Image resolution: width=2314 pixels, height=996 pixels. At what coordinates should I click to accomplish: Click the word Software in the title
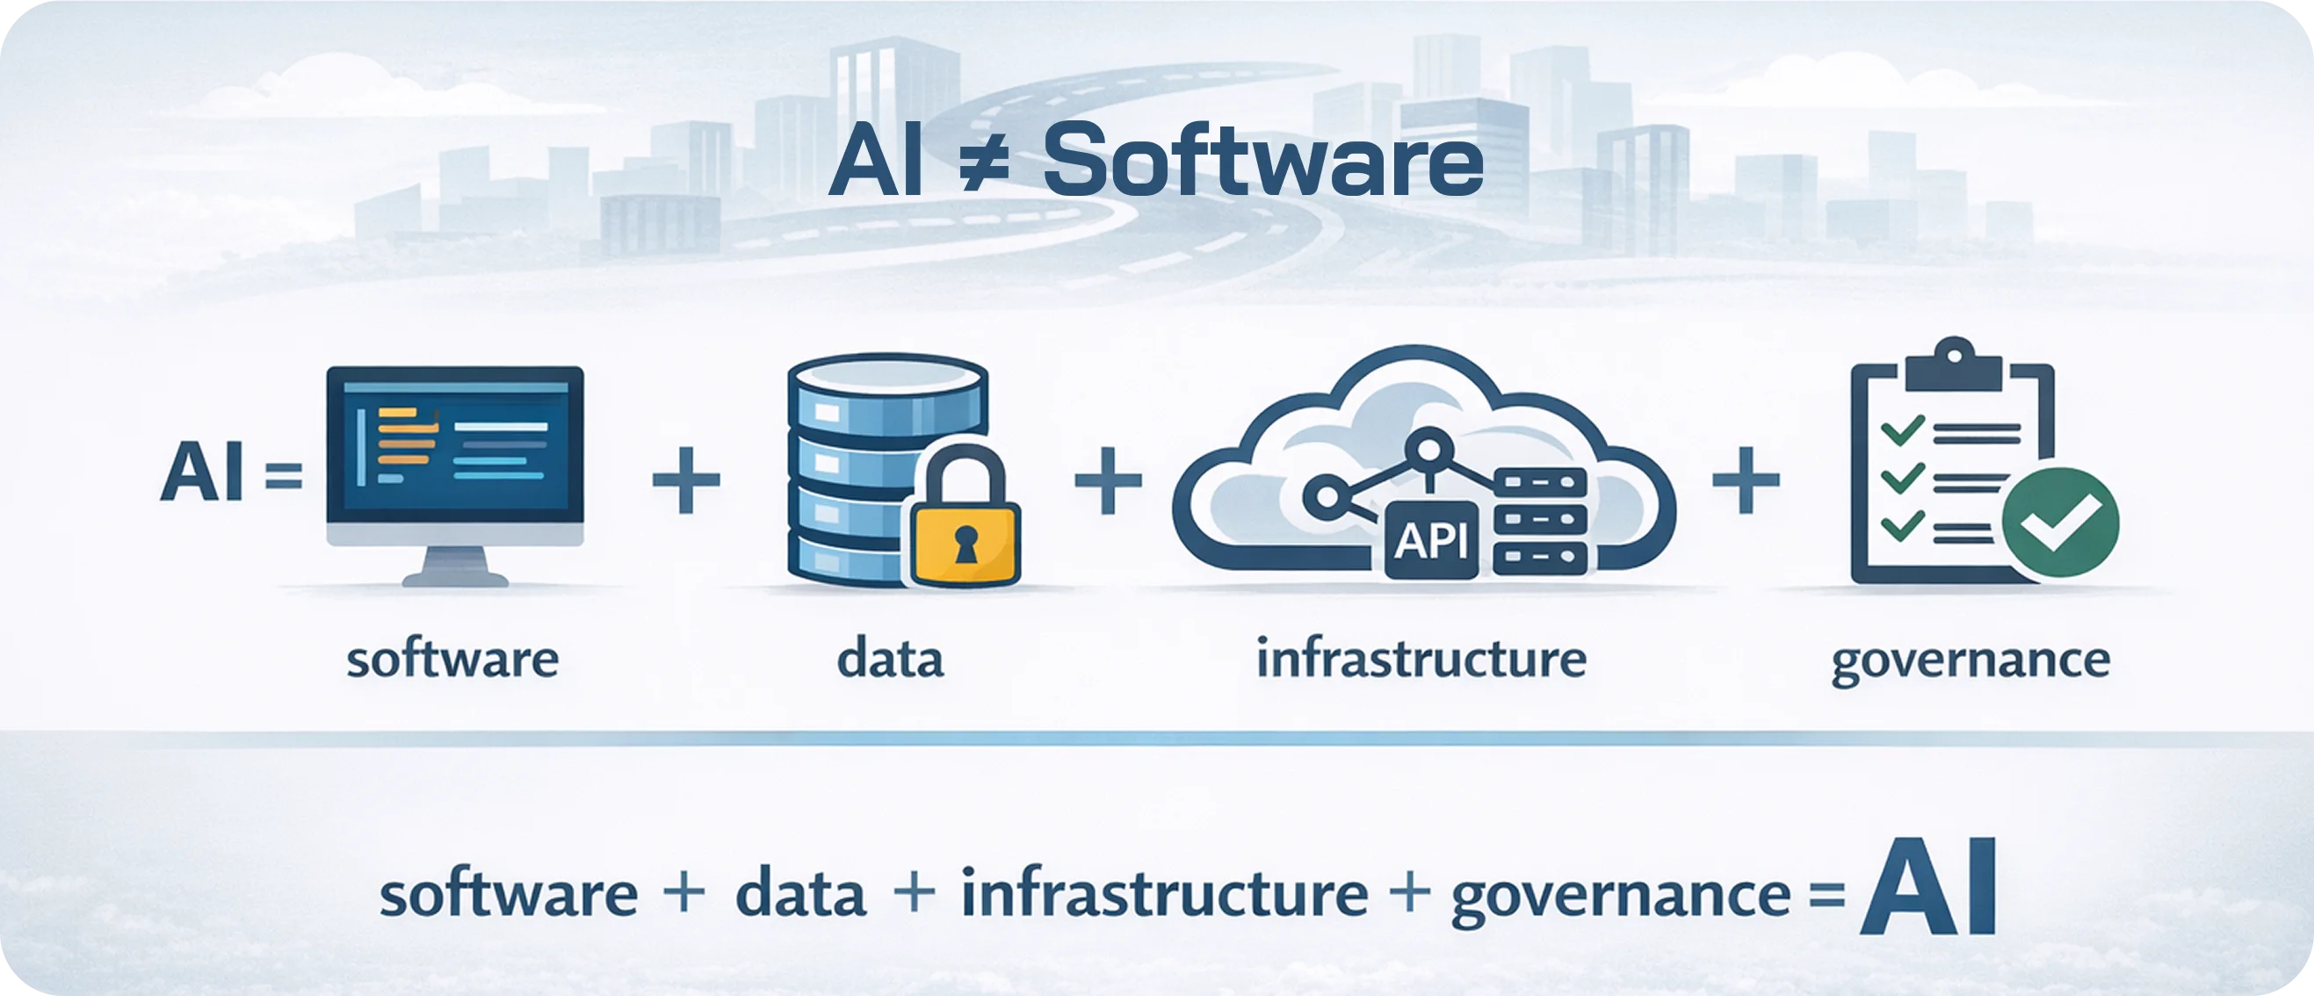click(x=1262, y=162)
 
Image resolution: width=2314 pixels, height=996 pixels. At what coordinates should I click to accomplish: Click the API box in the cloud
click(x=1430, y=540)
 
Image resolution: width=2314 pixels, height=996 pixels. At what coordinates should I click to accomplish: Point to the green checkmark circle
click(x=2061, y=522)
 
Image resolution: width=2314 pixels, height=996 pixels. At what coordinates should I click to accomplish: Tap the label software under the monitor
click(x=452, y=660)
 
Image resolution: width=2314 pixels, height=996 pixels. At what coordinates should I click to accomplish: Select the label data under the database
click(x=890, y=660)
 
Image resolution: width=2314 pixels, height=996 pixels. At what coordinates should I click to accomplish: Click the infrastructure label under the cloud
click(x=1421, y=659)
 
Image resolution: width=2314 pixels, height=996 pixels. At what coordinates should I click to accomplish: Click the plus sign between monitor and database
click(x=686, y=480)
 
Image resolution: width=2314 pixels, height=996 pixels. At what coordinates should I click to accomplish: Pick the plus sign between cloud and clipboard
click(x=1746, y=480)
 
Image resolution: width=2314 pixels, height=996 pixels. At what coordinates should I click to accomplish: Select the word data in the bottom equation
click(x=800, y=895)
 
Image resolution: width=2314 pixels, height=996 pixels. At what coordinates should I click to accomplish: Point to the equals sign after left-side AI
click(x=285, y=475)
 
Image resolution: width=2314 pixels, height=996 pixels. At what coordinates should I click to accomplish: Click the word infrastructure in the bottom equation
click(x=1164, y=894)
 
